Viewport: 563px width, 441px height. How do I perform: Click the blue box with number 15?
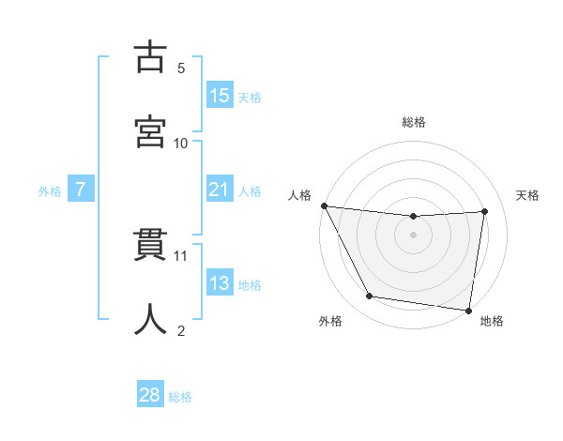[220, 96]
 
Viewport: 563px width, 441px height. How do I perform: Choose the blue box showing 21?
[220, 190]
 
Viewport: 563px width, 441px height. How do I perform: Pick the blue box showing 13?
[220, 283]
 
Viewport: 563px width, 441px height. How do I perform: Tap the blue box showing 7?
[81, 190]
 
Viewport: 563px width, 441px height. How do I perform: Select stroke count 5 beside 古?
[181, 68]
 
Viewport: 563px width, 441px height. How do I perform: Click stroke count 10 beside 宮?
[181, 144]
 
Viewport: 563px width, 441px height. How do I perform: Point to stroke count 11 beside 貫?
[181, 255]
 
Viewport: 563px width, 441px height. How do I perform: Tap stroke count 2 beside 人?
[181, 330]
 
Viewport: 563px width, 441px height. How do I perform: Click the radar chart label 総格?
[414, 122]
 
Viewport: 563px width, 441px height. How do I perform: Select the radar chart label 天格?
[528, 195]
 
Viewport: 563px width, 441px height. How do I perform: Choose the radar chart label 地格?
[492, 321]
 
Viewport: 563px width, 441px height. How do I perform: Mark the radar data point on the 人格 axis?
[324, 205]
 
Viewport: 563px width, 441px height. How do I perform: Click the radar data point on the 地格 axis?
[468, 310]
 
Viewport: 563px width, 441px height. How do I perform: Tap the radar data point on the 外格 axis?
[369, 297]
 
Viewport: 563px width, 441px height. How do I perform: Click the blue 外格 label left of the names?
[50, 190]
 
